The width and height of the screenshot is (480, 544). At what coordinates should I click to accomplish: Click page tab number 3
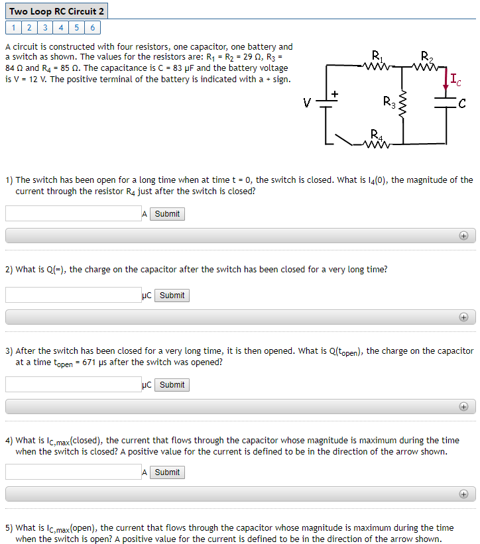coord(44,28)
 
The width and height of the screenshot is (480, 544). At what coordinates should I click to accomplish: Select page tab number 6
coord(92,28)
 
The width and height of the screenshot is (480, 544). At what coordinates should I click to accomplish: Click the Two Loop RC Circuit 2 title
coord(56,11)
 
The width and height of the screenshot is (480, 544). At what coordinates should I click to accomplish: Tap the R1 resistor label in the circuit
coord(377,54)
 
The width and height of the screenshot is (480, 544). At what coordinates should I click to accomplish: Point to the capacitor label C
coord(462,103)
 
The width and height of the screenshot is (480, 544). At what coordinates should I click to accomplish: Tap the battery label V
coord(306,103)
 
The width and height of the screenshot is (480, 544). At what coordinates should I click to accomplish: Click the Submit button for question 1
coord(167,214)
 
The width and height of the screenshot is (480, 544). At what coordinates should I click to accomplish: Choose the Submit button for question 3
coord(172,385)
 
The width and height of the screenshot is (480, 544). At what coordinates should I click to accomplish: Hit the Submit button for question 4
coord(167,472)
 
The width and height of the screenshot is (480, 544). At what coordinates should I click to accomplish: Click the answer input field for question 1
coord(73,214)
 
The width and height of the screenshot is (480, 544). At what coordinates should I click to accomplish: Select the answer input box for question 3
coord(73,385)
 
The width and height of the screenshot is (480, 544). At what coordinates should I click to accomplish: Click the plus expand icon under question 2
coord(463,317)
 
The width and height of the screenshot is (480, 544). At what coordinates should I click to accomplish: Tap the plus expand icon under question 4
coord(463,494)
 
